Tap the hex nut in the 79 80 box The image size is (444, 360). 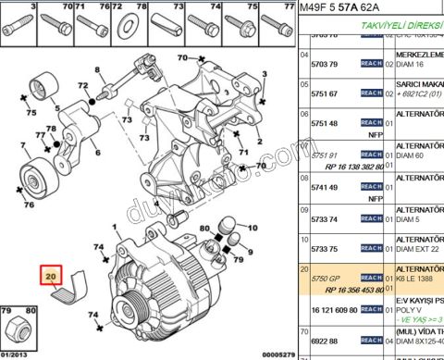pyautogui.click(x=18, y=329)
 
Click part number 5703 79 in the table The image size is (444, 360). pyautogui.click(x=324, y=66)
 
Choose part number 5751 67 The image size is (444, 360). pyautogui.click(x=324, y=93)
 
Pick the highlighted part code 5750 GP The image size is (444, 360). pyautogui.click(x=326, y=278)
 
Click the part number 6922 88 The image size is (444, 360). pyautogui.click(x=324, y=341)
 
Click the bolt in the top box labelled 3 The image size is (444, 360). pyautogui.click(x=18, y=22)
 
